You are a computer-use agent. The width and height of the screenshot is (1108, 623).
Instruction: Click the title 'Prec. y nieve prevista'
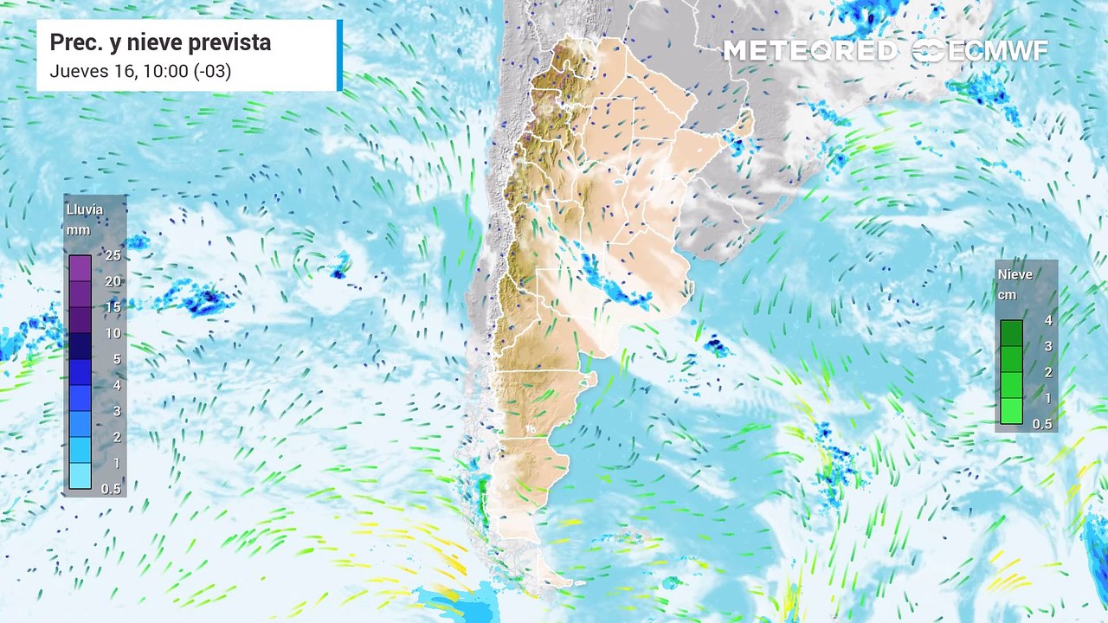click(x=160, y=42)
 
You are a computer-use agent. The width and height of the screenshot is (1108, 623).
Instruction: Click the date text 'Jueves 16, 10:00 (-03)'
click(x=140, y=72)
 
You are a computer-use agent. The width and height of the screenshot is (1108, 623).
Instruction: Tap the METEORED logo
click(x=810, y=51)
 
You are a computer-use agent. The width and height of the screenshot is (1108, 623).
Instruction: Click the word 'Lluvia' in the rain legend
click(x=84, y=209)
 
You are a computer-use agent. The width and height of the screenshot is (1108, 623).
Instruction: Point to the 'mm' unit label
click(x=79, y=230)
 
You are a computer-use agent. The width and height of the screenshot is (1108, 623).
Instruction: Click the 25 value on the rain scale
click(x=113, y=256)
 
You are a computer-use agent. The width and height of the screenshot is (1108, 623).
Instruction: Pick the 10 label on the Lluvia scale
click(x=113, y=333)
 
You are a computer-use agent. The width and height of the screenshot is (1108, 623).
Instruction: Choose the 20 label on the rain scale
click(x=113, y=281)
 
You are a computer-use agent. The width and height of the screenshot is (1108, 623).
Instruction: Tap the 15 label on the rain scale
click(x=113, y=307)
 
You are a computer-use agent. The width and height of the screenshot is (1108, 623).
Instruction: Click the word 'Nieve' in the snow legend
click(x=1015, y=274)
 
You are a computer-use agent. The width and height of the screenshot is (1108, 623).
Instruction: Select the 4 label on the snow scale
click(x=1048, y=320)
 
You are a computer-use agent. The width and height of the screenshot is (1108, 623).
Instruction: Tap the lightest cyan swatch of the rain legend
click(x=81, y=476)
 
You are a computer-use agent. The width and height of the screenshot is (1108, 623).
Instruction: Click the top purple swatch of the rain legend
click(x=81, y=269)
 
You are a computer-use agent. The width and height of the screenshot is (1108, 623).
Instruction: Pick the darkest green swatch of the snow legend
click(x=1011, y=333)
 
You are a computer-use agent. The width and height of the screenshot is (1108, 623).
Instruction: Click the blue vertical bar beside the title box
click(x=339, y=55)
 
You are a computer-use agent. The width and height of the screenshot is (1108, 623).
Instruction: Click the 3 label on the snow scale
click(x=1048, y=346)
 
